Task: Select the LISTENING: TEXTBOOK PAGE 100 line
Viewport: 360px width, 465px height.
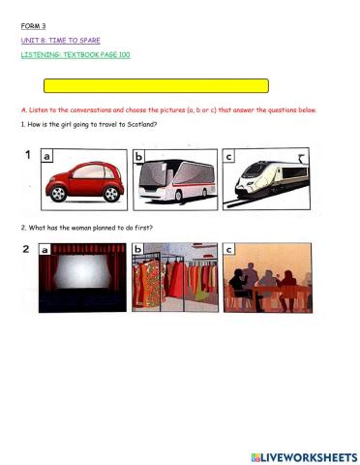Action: click(x=75, y=55)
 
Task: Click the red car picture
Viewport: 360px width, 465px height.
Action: click(x=83, y=180)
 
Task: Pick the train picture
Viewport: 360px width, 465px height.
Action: click(x=267, y=180)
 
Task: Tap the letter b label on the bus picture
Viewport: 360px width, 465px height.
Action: click(x=140, y=157)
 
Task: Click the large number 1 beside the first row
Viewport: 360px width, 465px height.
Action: click(x=27, y=156)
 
